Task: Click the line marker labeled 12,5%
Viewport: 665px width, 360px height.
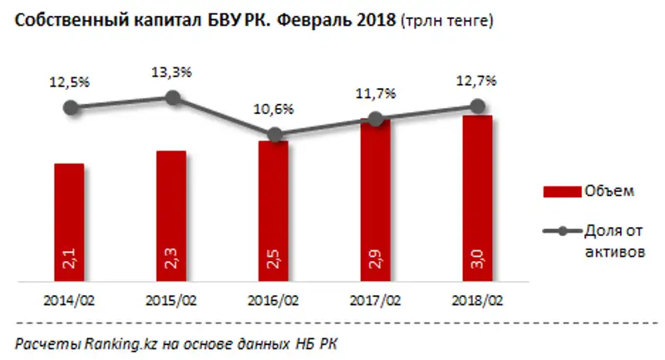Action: tap(71, 107)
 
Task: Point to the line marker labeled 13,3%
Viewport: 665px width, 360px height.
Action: tap(173, 97)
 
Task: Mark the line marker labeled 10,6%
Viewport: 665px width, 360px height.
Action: tap(274, 134)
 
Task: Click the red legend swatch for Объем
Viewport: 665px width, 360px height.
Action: tap(558, 192)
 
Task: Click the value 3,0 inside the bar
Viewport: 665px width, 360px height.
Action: tap(478, 264)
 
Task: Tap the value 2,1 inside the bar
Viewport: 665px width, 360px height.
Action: tap(71, 264)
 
